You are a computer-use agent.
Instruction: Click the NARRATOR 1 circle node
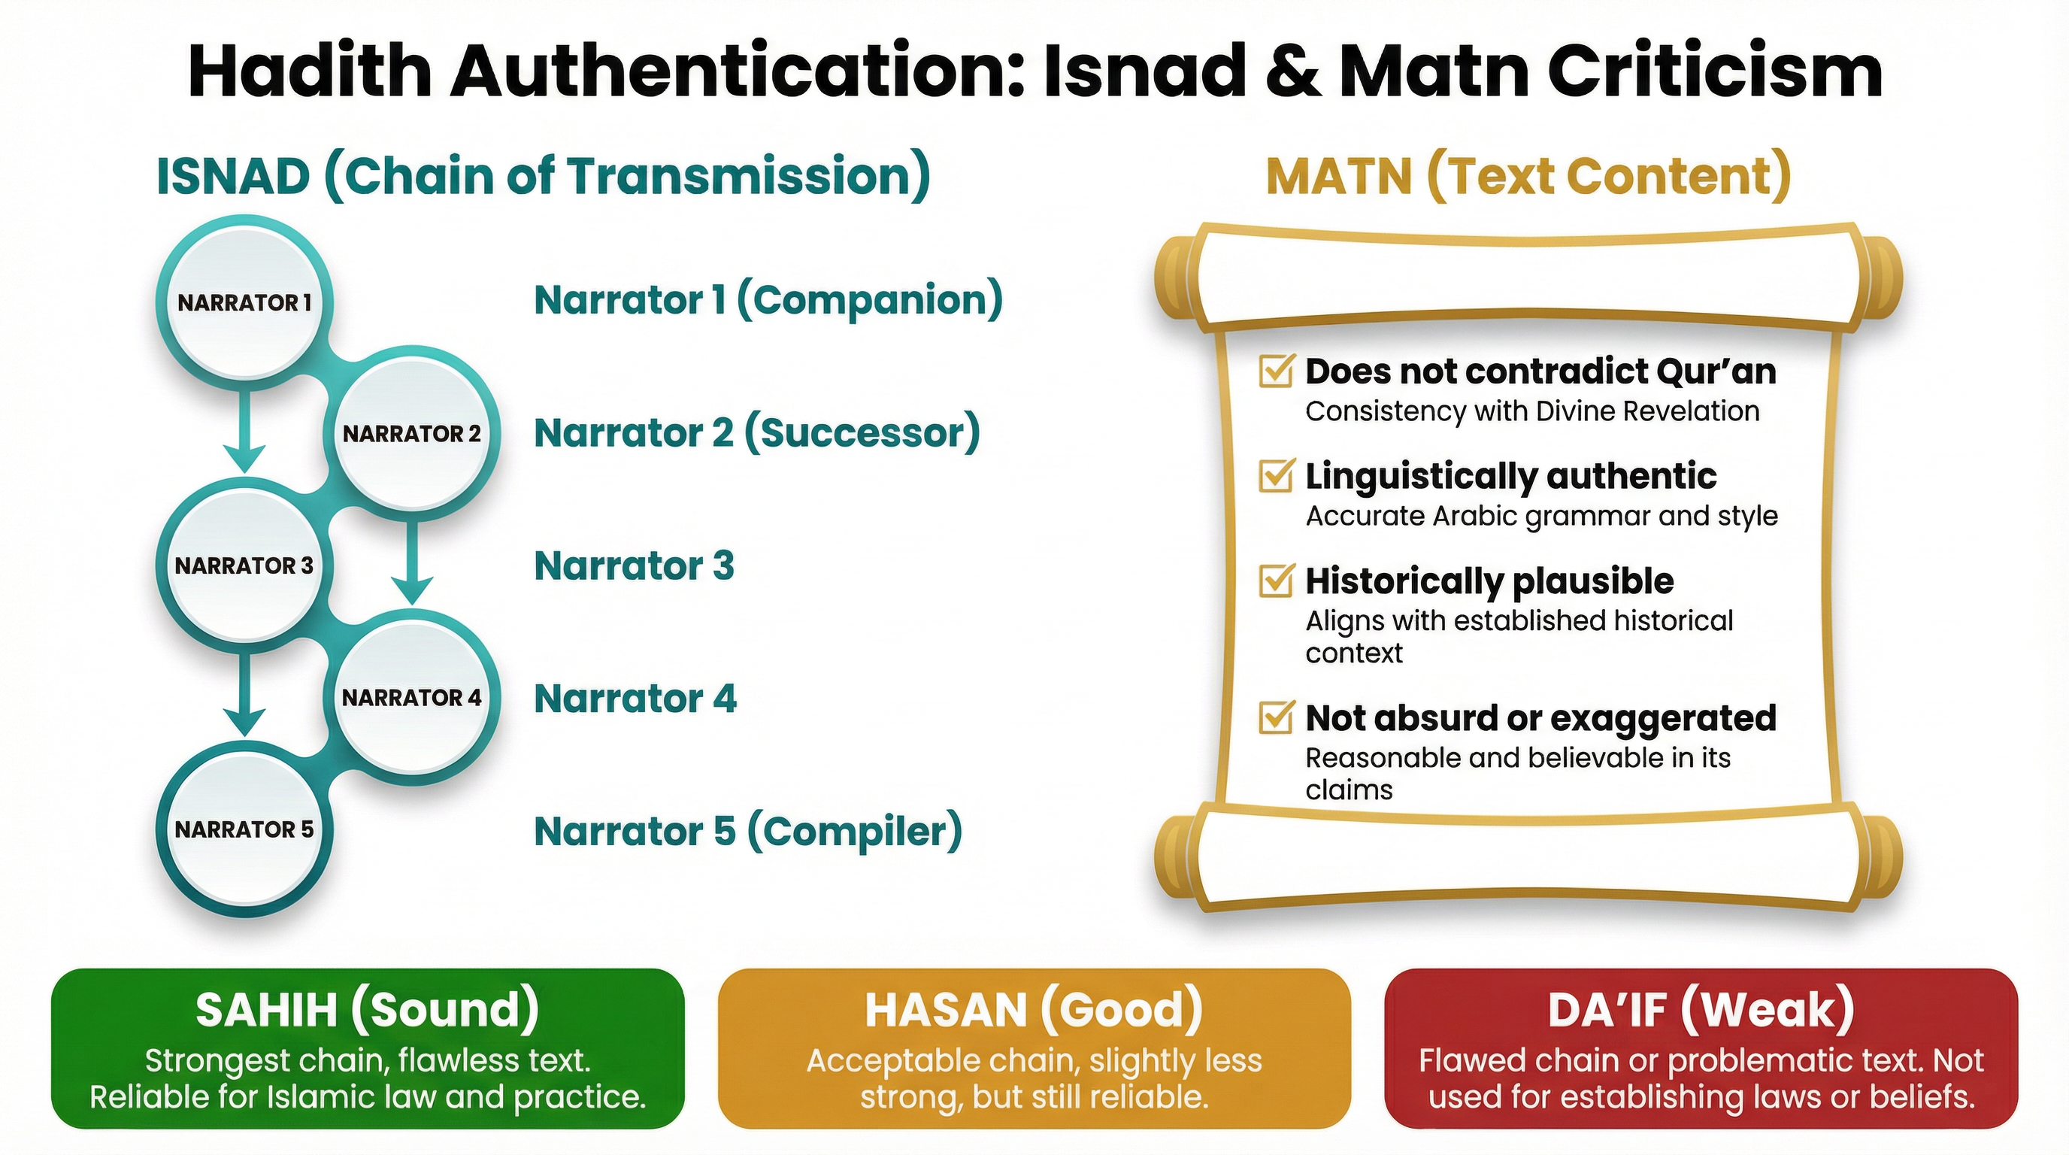[244, 303]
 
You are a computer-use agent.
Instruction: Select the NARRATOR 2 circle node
[411, 435]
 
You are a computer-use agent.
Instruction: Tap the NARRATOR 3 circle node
[244, 566]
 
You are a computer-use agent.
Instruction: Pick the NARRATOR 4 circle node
[411, 698]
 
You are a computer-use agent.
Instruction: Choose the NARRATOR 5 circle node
[244, 829]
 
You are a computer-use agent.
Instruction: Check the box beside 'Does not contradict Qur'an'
[1275, 371]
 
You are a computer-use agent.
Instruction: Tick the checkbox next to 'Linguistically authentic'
[1275, 475]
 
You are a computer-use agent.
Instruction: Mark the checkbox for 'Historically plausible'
[1275, 581]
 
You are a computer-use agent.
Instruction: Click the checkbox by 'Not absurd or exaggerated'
[1275, 718]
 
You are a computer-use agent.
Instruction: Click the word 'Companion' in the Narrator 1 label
[869, 300]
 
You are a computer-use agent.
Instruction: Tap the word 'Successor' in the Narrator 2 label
[861, 434]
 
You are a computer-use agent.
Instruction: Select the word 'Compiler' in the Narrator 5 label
[854, 832]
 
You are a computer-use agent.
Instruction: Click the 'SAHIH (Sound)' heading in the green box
[367, 1011]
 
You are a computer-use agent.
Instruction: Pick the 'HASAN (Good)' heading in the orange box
[1034, 1011]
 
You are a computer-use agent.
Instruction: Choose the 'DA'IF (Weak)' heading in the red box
[1701, 1011]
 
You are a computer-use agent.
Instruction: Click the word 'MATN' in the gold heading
[1339, 177]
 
